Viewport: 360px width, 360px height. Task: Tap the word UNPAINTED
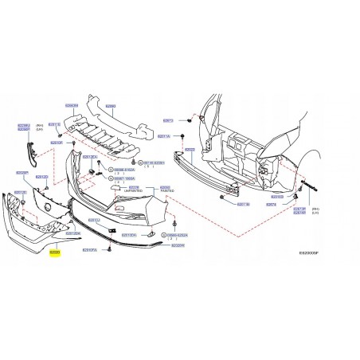tap(134, 190)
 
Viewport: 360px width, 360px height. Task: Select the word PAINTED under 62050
tap(166, 190)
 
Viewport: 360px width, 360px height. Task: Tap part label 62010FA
tap(90, 249)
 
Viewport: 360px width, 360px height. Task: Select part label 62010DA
tap(128, 236)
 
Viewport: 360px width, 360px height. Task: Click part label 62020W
tap(176, 246)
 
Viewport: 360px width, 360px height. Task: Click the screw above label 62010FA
tap(108, 238)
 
